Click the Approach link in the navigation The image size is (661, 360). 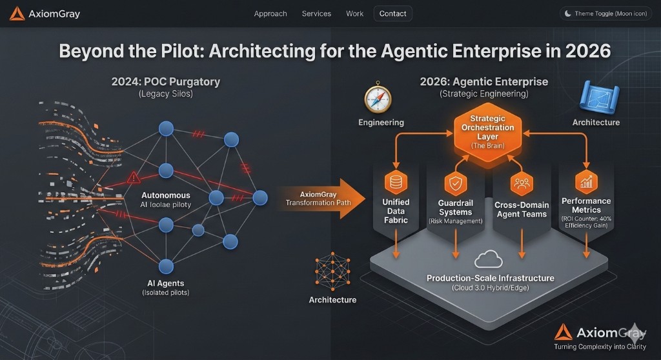pos(270,14)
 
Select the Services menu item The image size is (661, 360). pos(316,14)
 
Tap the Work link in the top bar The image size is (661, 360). pos(354,14)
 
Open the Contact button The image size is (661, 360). pos(392,14)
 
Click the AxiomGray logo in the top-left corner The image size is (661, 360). pos(45,14)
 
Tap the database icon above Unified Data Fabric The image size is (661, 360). pos(396,182)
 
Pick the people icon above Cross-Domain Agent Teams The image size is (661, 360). pos(521,184)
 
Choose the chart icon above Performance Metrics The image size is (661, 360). pos(586,183)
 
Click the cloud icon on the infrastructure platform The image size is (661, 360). pos(488,259)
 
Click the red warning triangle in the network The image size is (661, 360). pos(134,177)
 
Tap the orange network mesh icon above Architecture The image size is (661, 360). pos(332,273)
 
